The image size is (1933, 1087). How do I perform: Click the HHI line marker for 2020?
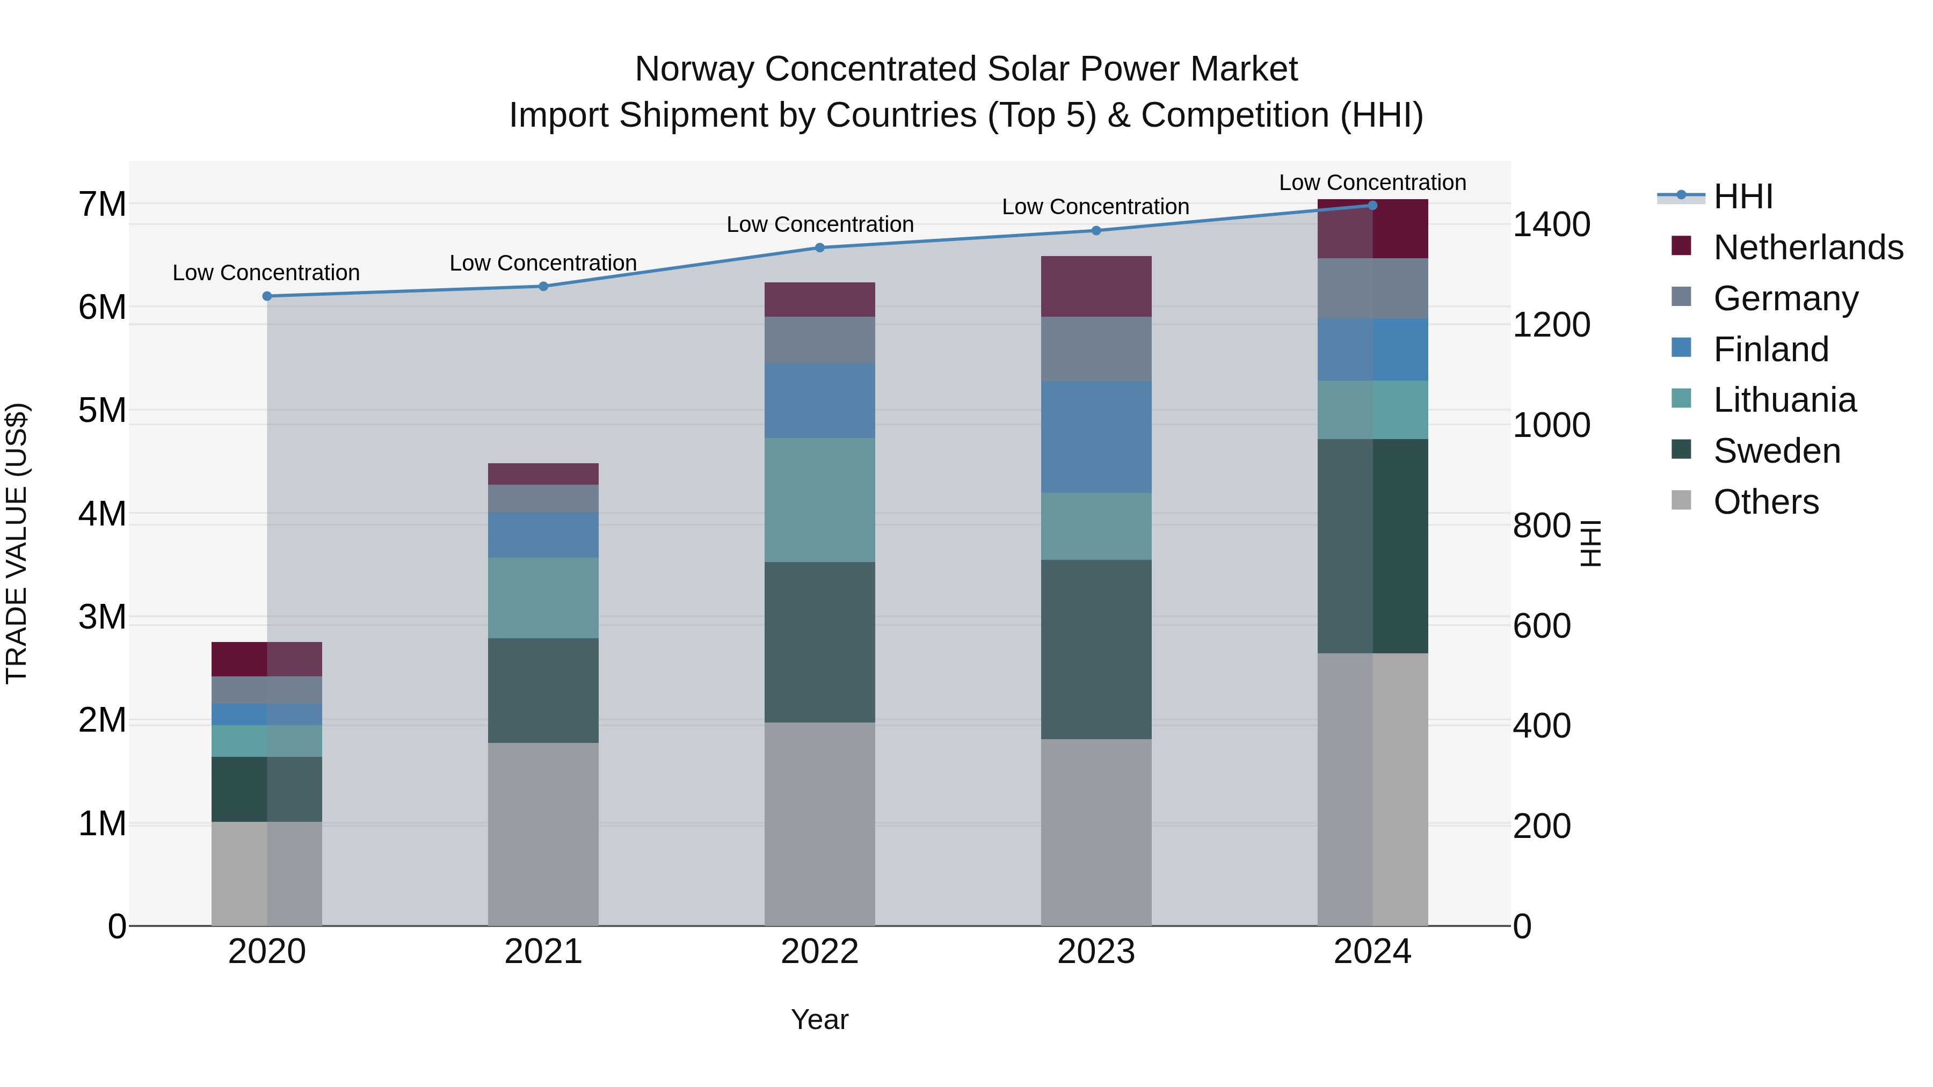pyautogui.click(x=267, y=296)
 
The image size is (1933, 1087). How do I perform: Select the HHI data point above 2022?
pyautogui.click(x=819, y=247)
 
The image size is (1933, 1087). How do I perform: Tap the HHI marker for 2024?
pyautogui.click(x=1372, y=206)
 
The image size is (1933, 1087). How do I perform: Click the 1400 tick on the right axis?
pyautogui.click(x=1550, y=225)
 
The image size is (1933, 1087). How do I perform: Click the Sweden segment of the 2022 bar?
pyautogui.click(x=819, y=642)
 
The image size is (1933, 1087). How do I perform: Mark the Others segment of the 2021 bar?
pyautogui.click(x=543, y=834)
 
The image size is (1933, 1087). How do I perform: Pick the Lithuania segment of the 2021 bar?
pyautogui.click(x=543, y=598)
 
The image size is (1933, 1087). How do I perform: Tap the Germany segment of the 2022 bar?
pyautogui.click(x=819, y=340)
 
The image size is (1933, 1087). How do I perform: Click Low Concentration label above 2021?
pyautogui.click(x=543, y=264)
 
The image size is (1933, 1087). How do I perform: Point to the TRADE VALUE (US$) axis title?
pyautogui.click(x=17, y=543)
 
